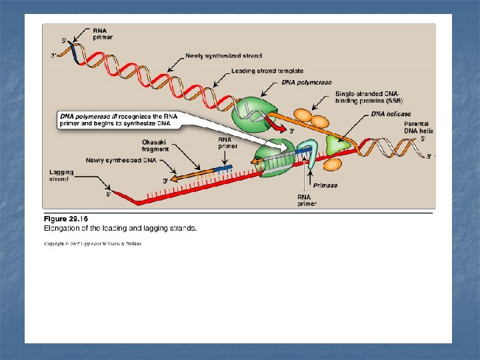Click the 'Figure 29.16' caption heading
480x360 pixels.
pyautogui.click(x=66, y=219)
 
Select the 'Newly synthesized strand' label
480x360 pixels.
pyautogui.click(x=223, y=56)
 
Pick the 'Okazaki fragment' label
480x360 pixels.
pyautogui.click(x=155, y=145)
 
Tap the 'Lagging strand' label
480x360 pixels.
pyautogui.click(x=61, y=176)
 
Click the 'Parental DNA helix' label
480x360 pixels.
pyautogui.click(x=419, y=127)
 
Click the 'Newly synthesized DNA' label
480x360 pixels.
pyautogui.click(x=111, y=160)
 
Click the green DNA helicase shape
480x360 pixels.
pyautogui.click(x=339, y=145)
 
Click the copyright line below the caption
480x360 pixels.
pyautogui.click(x=93, y=244)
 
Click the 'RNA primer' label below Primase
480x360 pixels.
pyautogui.click(x=308, y=200)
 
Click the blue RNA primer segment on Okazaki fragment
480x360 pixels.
pyautogui.click(x=223, y=169)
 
